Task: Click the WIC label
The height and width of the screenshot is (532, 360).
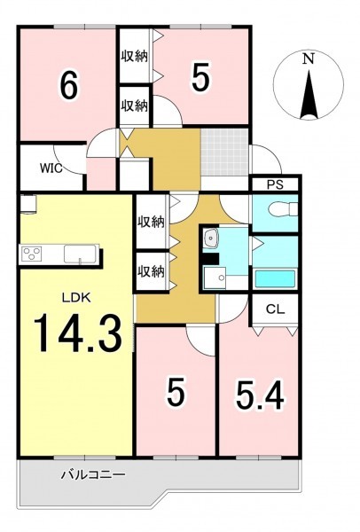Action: (51, 168)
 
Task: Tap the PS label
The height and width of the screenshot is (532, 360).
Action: (275, 185)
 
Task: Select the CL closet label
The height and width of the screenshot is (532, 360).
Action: (275, 309)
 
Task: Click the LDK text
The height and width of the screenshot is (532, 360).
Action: (76, 298)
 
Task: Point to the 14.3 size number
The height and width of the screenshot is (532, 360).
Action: (78, 332)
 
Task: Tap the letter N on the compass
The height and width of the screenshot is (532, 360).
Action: (308, 59)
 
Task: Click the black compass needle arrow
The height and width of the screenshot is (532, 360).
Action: (309, 94)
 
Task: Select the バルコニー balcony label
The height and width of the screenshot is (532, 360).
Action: (93, 474)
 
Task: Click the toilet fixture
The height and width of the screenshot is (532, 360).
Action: (282, 209)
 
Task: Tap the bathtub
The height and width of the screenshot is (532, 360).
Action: (275, 278)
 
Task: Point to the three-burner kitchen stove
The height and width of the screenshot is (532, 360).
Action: (32, 254)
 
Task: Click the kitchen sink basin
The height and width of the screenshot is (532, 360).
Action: (81, 254)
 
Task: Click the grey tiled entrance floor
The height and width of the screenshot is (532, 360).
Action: (224, 152)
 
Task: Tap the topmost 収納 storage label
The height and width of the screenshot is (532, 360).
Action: (135, 56)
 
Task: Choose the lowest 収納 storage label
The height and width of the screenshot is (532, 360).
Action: (151, 271)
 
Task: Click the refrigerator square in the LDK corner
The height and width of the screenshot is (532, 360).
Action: (27, 204)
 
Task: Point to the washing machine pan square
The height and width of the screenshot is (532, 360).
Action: (215, 278)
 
